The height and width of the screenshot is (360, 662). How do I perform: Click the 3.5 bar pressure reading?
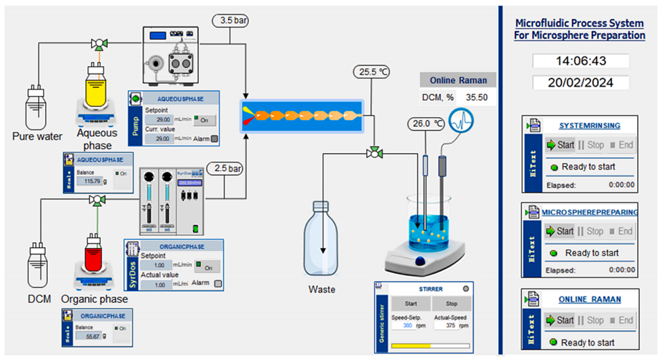(x=230, y=20)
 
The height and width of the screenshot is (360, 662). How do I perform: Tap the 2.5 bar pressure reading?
(x=226, y=169)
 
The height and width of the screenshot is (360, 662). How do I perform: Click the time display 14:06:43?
(x=581, y=61)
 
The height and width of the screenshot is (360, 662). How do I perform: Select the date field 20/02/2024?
(x=581, y=83)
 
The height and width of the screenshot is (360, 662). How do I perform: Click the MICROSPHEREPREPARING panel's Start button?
(x=560, y=231)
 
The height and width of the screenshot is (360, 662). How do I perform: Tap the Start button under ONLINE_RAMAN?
(x=560, y=320)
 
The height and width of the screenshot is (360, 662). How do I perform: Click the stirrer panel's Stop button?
(x=451, y=304)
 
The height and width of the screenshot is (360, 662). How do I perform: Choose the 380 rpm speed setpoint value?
(x=408, y=326)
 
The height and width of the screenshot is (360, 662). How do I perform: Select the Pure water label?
(x=37, y=136)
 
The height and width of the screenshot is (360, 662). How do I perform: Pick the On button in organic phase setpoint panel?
(x=207, y=267)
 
